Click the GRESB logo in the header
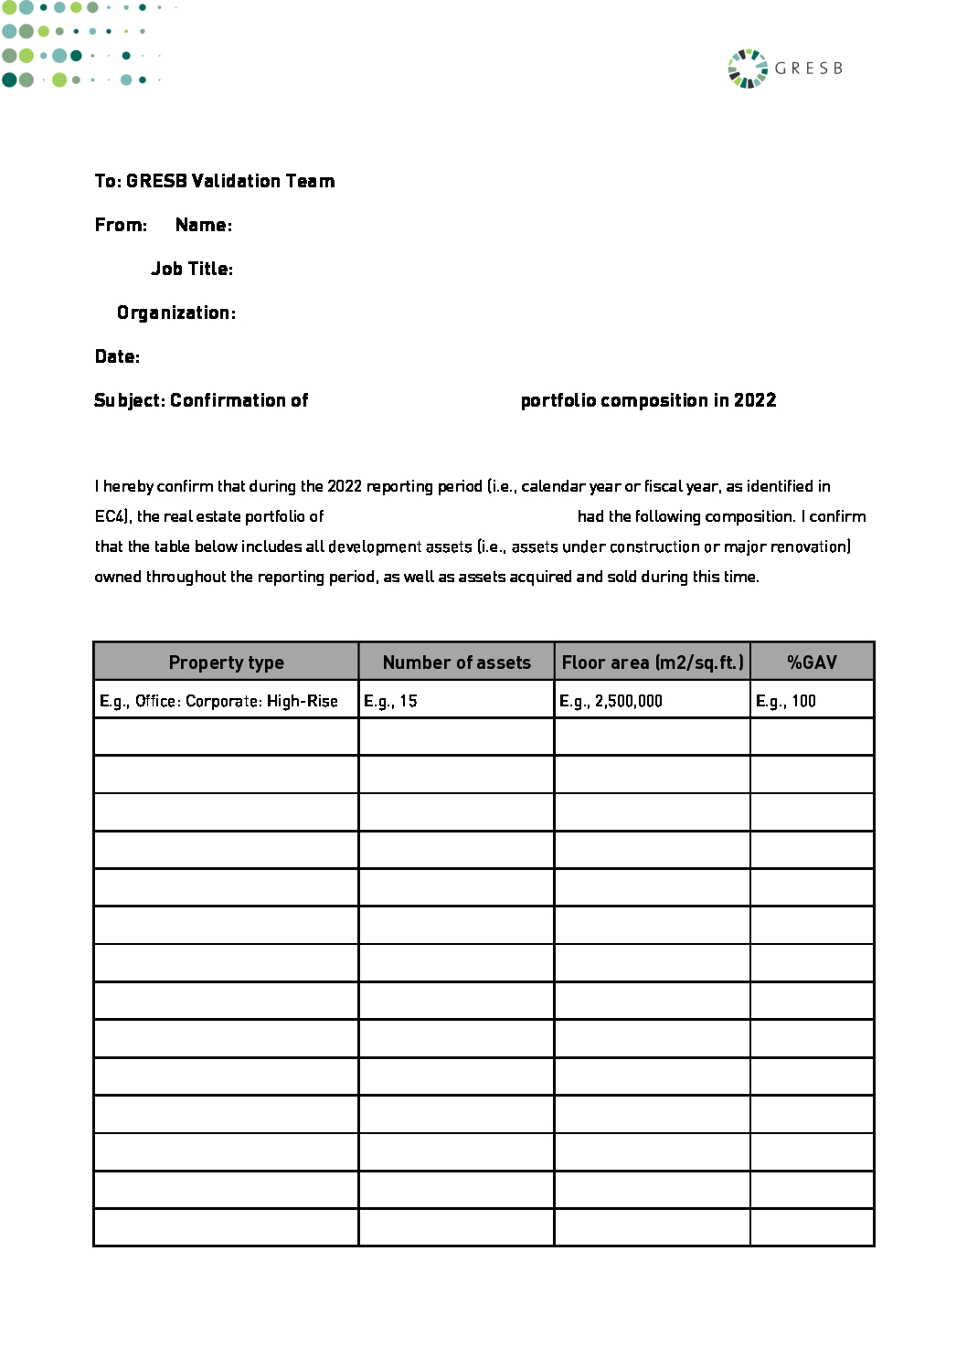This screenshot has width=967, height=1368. [784, 69]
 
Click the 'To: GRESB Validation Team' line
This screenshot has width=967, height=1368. [215, 181]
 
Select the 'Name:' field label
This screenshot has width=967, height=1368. [203, 225]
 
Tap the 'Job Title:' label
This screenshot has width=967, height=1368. [192, 269]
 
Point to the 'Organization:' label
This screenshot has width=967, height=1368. [176, 313]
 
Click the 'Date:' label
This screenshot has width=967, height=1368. [117, 356]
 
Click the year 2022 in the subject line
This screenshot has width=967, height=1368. [755, 400]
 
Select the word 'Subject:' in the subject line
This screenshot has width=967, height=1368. [130, 400]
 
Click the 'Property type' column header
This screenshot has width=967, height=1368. [226, 663]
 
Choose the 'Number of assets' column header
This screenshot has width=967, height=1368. [456, 663]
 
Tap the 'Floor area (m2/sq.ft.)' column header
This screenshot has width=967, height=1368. [652, 663]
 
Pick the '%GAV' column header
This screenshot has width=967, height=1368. [812, 663]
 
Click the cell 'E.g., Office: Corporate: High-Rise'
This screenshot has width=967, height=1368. [218, 701]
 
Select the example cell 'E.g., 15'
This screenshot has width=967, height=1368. [390, 701]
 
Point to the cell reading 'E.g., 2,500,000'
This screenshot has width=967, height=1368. [611, 701]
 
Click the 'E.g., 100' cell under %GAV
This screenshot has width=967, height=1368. [785, 701]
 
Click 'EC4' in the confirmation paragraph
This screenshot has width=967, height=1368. [111, 516]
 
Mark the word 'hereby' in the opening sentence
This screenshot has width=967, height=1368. [128, 486]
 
